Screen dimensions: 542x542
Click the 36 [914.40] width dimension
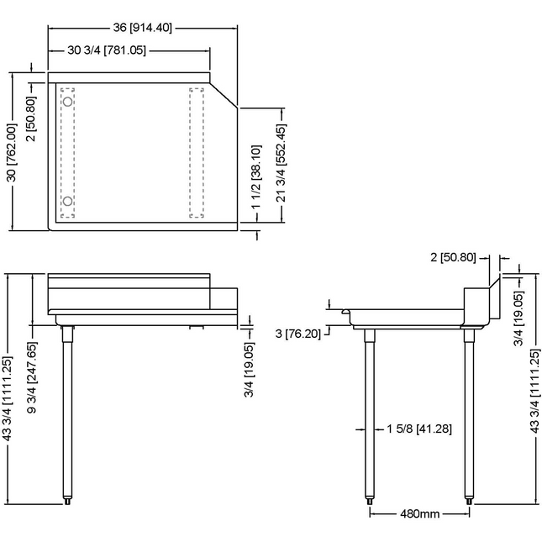click(142, 27)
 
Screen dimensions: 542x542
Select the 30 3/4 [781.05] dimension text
click(107, 50)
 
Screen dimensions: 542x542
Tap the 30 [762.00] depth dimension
click(12, 152)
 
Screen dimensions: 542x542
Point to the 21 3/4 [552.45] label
click(282, 163)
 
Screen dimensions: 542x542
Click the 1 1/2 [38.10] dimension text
click(255, 176)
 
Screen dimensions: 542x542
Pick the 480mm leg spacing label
click(420, 513)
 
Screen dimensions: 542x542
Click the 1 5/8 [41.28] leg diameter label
click(419, 429)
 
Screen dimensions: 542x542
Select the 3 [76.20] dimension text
click(298, 334)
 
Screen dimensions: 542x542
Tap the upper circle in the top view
click(68, 102)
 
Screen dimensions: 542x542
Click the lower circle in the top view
click(68, 201)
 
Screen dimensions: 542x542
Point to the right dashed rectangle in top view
click(197, 152)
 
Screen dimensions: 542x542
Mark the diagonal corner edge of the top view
click(224, 96)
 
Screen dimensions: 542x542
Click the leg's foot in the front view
click(68, 501)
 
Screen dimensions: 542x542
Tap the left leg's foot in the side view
click(370, 501)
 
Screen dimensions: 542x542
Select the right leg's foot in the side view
click(469, 501)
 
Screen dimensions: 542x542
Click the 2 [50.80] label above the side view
click(453, 257)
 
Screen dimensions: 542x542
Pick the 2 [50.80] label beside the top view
click(31, 118)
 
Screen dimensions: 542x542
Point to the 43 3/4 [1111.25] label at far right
click(534, 391)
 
